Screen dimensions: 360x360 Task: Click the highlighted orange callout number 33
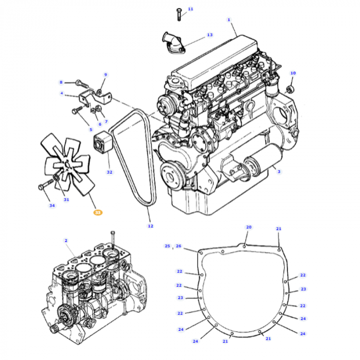98,212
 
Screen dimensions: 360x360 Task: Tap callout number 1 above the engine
229,20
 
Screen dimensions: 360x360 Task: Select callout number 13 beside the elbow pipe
209,35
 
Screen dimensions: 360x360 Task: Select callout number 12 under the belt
151,225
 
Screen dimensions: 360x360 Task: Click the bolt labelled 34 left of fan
42,186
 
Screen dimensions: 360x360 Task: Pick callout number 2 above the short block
66,240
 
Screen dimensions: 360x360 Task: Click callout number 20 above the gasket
249,227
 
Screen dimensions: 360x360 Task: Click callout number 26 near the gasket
179,246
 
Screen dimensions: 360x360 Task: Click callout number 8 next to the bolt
61,82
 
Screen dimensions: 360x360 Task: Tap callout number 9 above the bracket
105,75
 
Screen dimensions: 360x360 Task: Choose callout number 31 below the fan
66,200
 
